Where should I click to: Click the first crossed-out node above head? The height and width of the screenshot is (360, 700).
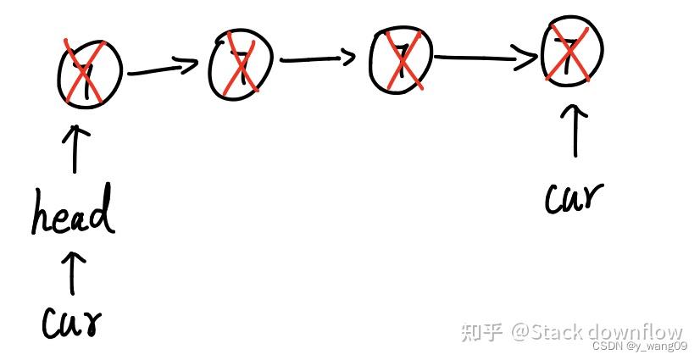(x=90, y=72)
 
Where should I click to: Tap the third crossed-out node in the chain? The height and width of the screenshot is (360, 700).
(x=401, y=58)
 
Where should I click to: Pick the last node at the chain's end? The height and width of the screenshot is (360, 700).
(x=573, y=51)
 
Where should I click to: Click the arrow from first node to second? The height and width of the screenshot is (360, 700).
(x=167, y=69)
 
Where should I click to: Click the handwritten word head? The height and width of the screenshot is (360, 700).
(x=73, y=212)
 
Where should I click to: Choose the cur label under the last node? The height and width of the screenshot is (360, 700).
(x=575, y=197)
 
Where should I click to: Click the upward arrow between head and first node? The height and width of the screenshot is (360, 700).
(x=77, y=149)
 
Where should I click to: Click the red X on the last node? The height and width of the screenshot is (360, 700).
(x=574, y=51)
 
